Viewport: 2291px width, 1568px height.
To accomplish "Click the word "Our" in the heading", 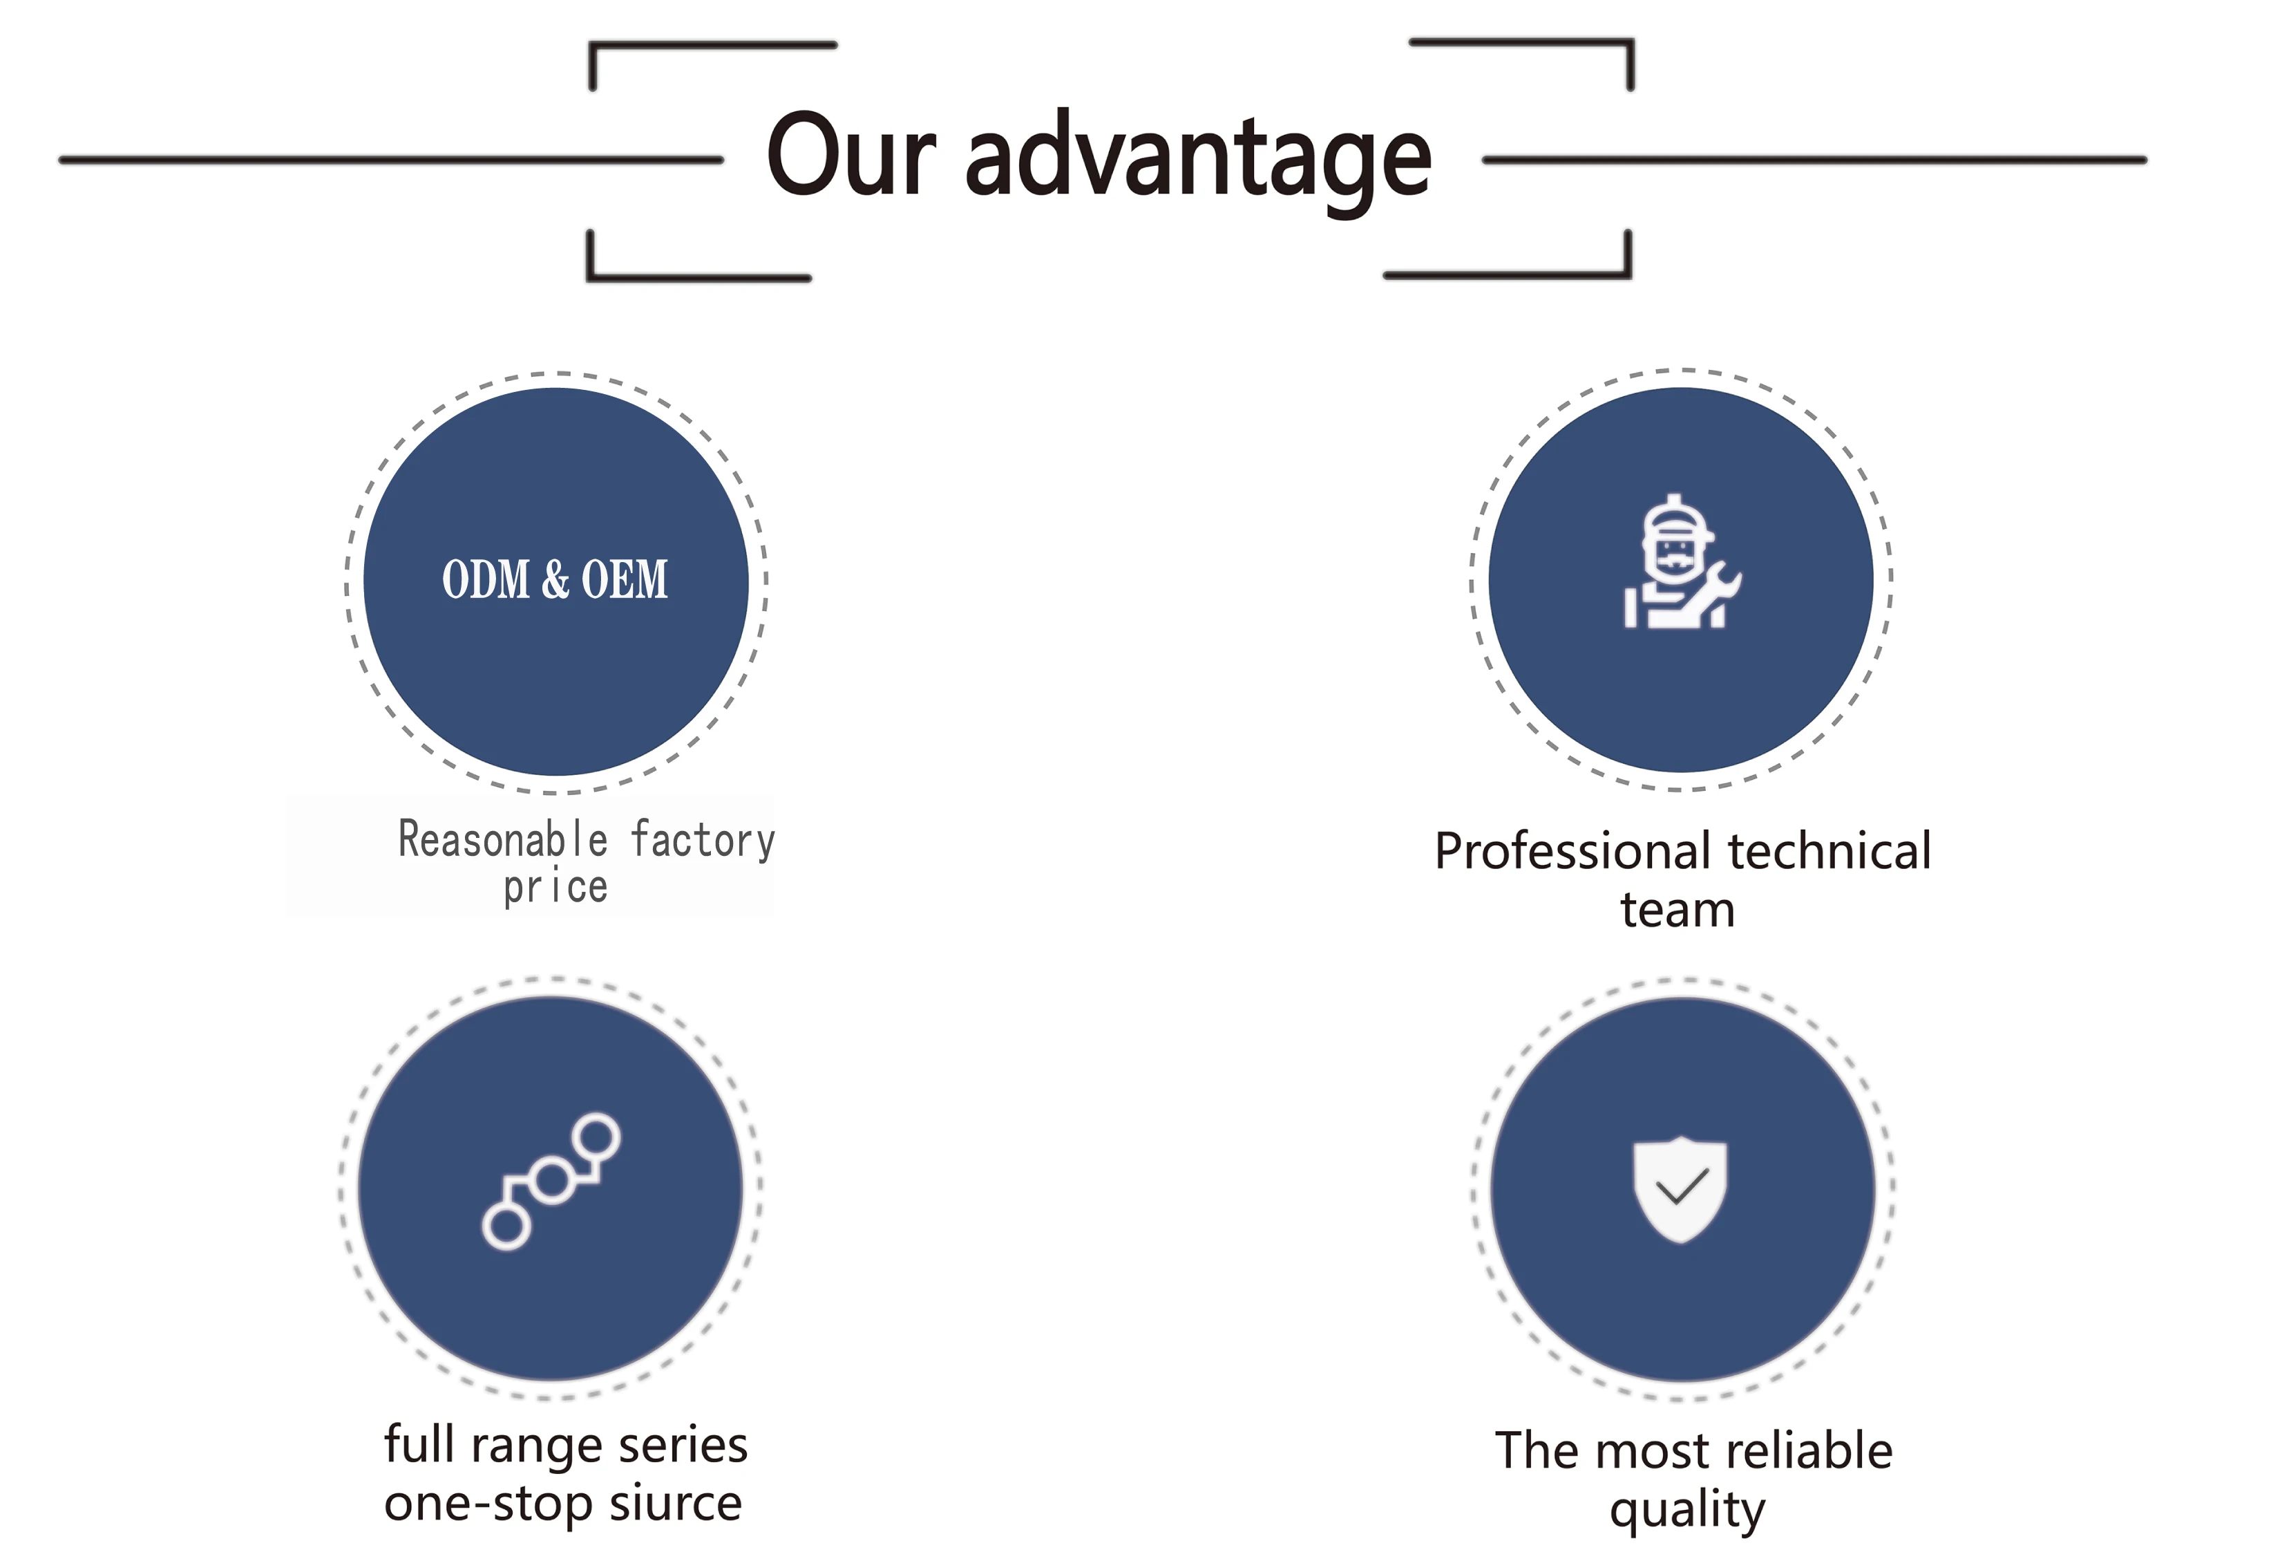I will [x=850, y=156].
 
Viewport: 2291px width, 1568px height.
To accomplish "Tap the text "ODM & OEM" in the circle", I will [x=555, y=580].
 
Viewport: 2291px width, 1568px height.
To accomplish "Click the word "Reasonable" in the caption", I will [x=503, y=840].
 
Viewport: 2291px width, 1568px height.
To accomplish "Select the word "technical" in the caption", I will [x=1829, y=852].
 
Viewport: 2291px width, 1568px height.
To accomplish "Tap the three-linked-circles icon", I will [x=551, y=1182].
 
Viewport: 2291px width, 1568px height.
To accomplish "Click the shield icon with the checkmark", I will [x=1681, y=1188].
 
